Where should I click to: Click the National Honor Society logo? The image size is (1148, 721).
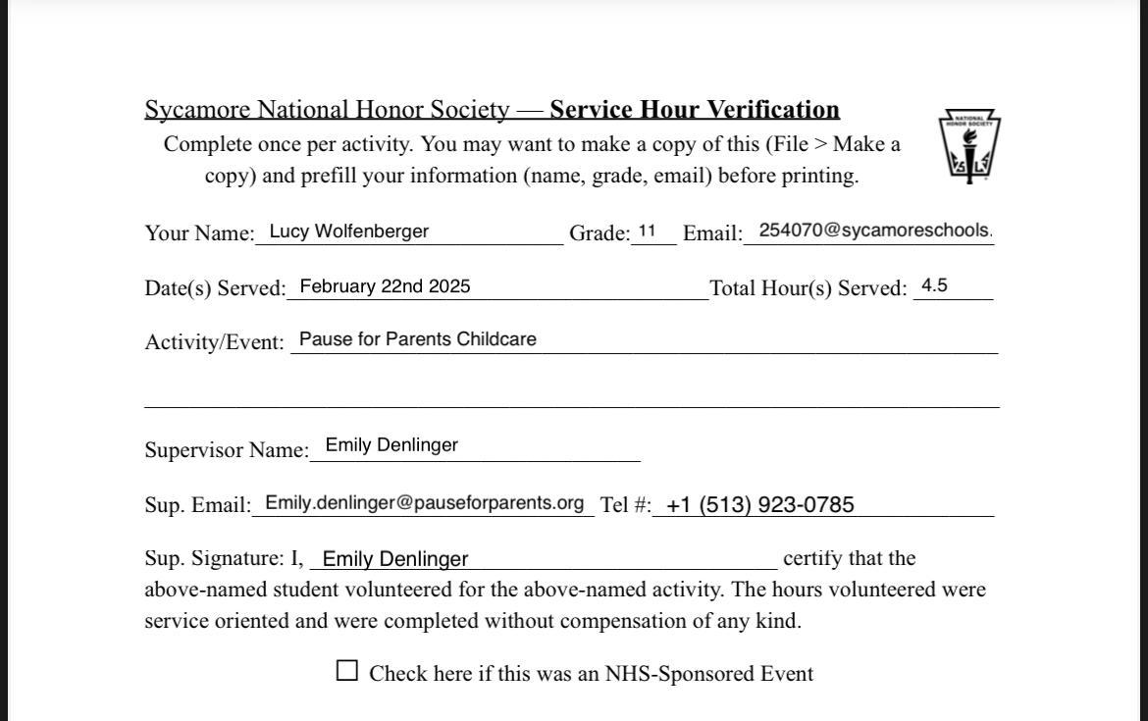click(x=969, y=145)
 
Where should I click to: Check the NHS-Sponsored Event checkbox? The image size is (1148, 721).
click(x=347, y=671)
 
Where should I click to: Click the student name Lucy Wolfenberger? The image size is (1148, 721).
click(x=348, y=232)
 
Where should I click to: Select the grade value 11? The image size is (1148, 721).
click(x=647, y=232)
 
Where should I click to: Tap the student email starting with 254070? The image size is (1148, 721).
click(x=875, y=231)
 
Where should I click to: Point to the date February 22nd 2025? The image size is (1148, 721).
click(x=385, y=286)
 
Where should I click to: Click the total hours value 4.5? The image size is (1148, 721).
click(x=934, y=285)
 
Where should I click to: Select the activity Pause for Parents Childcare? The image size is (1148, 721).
click(x=417, y=339)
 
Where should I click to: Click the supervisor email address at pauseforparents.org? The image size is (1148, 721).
click(x=424, y=503)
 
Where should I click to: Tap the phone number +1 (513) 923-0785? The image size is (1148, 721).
click(x=759, y=505)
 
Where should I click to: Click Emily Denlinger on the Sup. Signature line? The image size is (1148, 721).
click(x=395, y=559)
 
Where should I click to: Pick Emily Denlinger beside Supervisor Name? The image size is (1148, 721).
click(x=391, y=445)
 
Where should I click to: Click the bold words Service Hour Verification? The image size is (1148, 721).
click(x=695, y=109)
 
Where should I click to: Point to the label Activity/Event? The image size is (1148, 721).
click(x=214, y=342)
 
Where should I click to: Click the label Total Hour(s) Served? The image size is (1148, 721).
click(x=809, y=288)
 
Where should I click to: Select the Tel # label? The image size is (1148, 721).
click(x=625, y=505)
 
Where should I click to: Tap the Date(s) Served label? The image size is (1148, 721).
click(x=215, y=288)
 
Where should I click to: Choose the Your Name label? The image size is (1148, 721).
click(x=198, y=233)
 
